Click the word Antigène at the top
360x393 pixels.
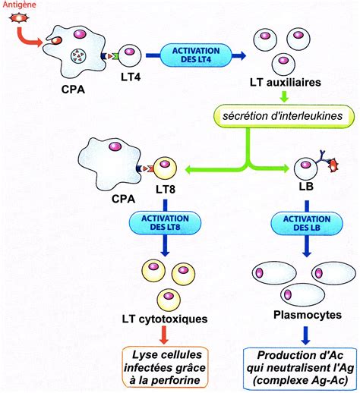pos(19,5)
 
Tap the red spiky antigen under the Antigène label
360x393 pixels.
pos(19,18)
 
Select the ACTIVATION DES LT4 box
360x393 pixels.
pos(196,55)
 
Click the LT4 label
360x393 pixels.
pos(131,77)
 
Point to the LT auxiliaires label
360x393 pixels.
pos(286,83)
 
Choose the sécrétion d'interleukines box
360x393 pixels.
pos(284,116)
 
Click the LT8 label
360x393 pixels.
pos(166,189)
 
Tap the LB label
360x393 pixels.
pos(306,187)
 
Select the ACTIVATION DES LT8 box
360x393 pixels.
pos(165,222)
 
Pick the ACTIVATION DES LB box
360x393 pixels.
pos(307,223)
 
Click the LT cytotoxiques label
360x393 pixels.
pos(165,319)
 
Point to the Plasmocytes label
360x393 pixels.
pos(308,315)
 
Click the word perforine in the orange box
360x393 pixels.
pos(175,380)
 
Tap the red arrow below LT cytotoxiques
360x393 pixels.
pos(164,335)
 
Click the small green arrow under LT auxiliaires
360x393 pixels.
pos(285,96)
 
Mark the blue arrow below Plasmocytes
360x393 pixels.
pos(306,335)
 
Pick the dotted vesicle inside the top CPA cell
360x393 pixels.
pos(78,56)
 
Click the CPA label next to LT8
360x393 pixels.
pos(123,199)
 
